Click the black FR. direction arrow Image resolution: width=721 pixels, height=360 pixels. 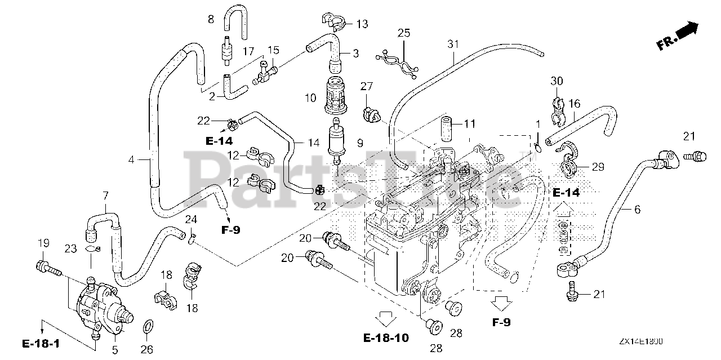[x=688, y=31]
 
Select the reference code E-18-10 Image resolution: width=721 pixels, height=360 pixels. [x=386, y=338]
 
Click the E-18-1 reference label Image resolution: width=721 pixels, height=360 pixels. [x=42, y=343]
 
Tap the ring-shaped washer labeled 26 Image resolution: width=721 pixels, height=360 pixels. [x=148, y=326]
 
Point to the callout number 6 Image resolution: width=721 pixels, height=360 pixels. [x=637, y=210]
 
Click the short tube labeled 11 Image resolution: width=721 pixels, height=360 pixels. [x=447, y=128]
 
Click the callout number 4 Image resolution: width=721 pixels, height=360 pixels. [x=131, y=159]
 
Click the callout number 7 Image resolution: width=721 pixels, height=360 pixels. [x=105, y=195]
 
